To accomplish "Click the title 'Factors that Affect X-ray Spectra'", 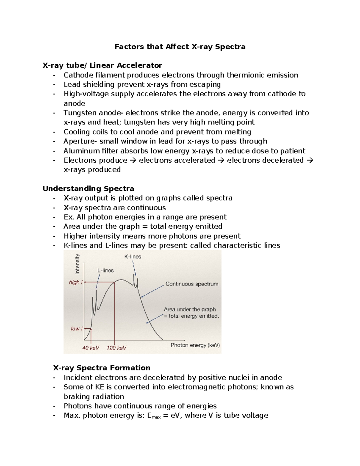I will click(x=180, y=47).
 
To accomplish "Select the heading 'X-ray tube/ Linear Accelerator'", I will click(x=102, y=65).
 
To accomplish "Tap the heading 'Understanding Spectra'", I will click(x=88, y=189).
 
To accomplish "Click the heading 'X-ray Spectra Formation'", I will click(x=102, y=368).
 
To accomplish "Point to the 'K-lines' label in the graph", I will click(x=133, y=257).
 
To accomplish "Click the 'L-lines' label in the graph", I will click(x=105, y=271).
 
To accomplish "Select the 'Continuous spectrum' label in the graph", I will click(x=192, y=284).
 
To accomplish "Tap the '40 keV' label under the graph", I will click(x=91, y=348).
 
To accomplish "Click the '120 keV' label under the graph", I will click(x=116, y=348).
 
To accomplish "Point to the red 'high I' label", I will click(x=75, y=282).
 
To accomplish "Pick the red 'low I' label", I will click(x=76, y=329).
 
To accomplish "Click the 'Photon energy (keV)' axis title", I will click(x=195, y=345).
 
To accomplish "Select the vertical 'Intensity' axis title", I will click(x=77, y=264).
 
